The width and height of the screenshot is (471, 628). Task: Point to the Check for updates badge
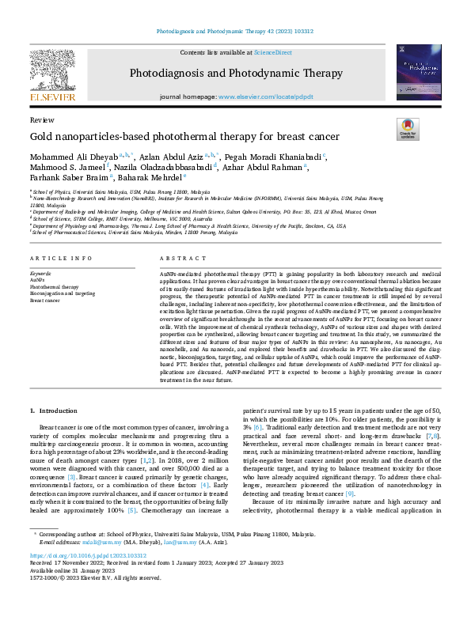click(408, 129)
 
